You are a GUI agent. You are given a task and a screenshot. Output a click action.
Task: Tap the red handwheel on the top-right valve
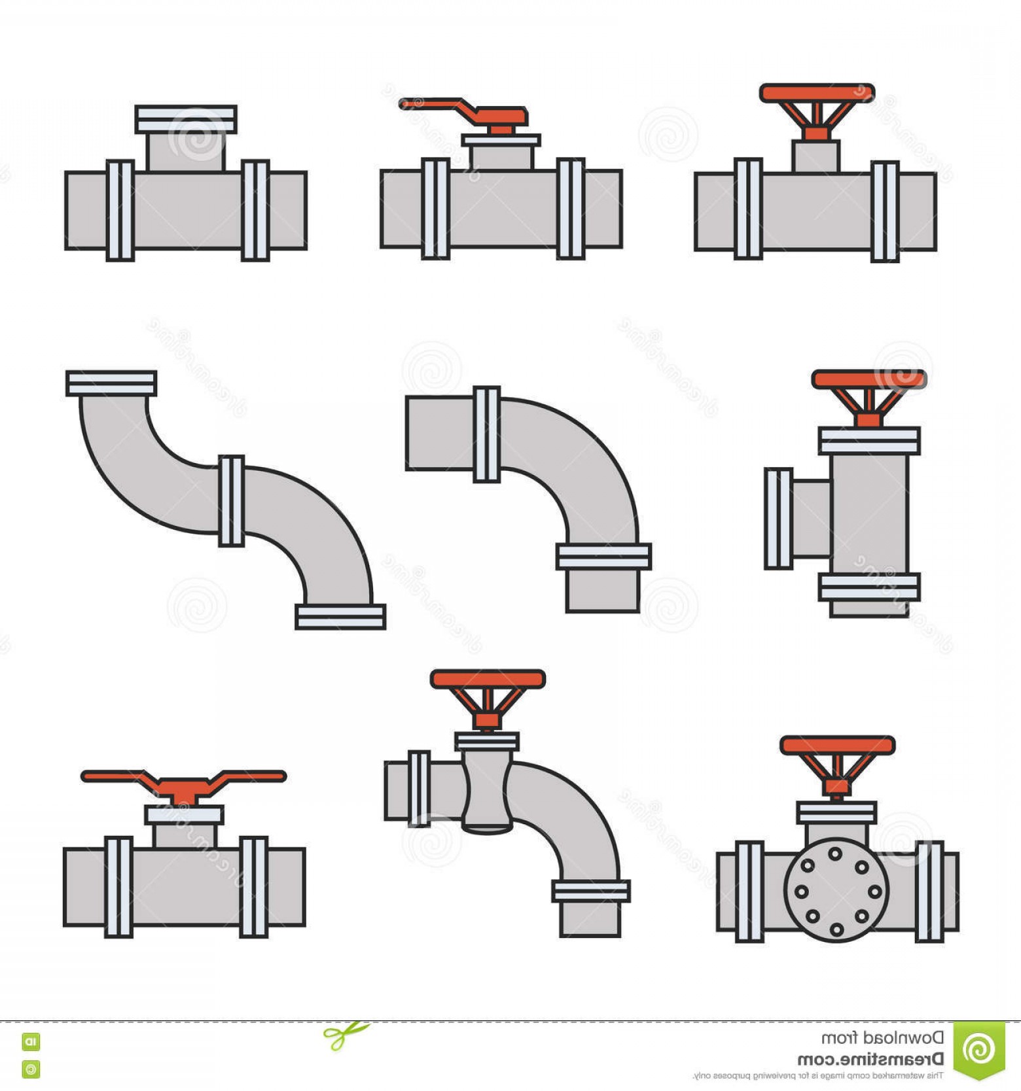click(x=816, y=94)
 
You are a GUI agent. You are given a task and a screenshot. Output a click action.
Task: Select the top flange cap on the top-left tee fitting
click(x=186, y=120)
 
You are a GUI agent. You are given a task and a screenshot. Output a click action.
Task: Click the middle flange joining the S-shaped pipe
click(x=231, y=500)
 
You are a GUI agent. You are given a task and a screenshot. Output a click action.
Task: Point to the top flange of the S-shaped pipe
click(x=111, y=383)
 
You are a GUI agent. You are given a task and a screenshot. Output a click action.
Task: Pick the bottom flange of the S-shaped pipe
click(x=340, y=616)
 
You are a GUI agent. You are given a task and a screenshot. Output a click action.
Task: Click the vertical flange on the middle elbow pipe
click(x=486, y=434)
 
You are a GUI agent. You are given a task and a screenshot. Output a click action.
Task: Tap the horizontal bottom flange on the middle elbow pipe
click(x=603, y=557)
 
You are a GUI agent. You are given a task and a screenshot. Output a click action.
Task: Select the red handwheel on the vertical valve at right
click(x=869, y=379)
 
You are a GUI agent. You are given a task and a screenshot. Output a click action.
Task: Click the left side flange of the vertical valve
click(x=778, y=519)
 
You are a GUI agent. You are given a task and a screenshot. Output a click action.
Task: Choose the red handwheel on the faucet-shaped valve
click(x=488, y=679)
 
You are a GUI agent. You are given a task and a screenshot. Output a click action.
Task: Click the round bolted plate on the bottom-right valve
click(x=836, y=890)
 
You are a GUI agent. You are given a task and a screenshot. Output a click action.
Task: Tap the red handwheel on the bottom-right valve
click(x=837, y=745)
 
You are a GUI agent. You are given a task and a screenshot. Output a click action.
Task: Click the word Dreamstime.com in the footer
click(x=870, y=1059)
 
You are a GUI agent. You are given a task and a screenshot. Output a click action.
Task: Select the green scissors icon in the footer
click(x=345, y=1035)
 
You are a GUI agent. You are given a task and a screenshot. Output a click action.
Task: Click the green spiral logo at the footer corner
click(x=978, y=1049)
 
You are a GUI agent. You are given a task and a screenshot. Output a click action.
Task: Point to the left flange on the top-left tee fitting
click(x=120, y=211)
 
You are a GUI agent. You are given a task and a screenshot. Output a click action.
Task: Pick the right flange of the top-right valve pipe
click(x=884, y=212)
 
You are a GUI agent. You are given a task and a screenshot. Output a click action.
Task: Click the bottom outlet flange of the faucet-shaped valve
click(x=590, y=891)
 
